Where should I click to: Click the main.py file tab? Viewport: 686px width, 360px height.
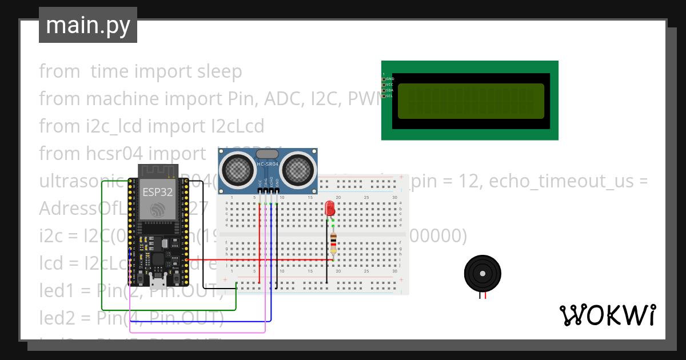coord(87,25)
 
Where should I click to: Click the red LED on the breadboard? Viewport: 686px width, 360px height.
coord(330,209)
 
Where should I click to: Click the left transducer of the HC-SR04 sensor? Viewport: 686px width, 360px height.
coord(236,168)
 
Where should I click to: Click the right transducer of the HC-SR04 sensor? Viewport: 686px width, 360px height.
coord(298,168)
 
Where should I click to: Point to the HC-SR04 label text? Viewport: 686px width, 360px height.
coord(267,165)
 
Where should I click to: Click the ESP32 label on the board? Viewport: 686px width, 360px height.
coord(157,192)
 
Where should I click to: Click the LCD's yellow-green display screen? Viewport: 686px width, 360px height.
coord(470,101)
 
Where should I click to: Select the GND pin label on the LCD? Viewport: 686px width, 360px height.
coord(390,79)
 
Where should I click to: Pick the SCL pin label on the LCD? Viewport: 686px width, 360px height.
coord(389,96)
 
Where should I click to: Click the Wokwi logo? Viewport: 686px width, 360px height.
coord(607,315)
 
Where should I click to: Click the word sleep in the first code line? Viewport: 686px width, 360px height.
coord(220,71)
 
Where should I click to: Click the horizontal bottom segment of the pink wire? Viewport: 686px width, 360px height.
coord(197,332)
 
